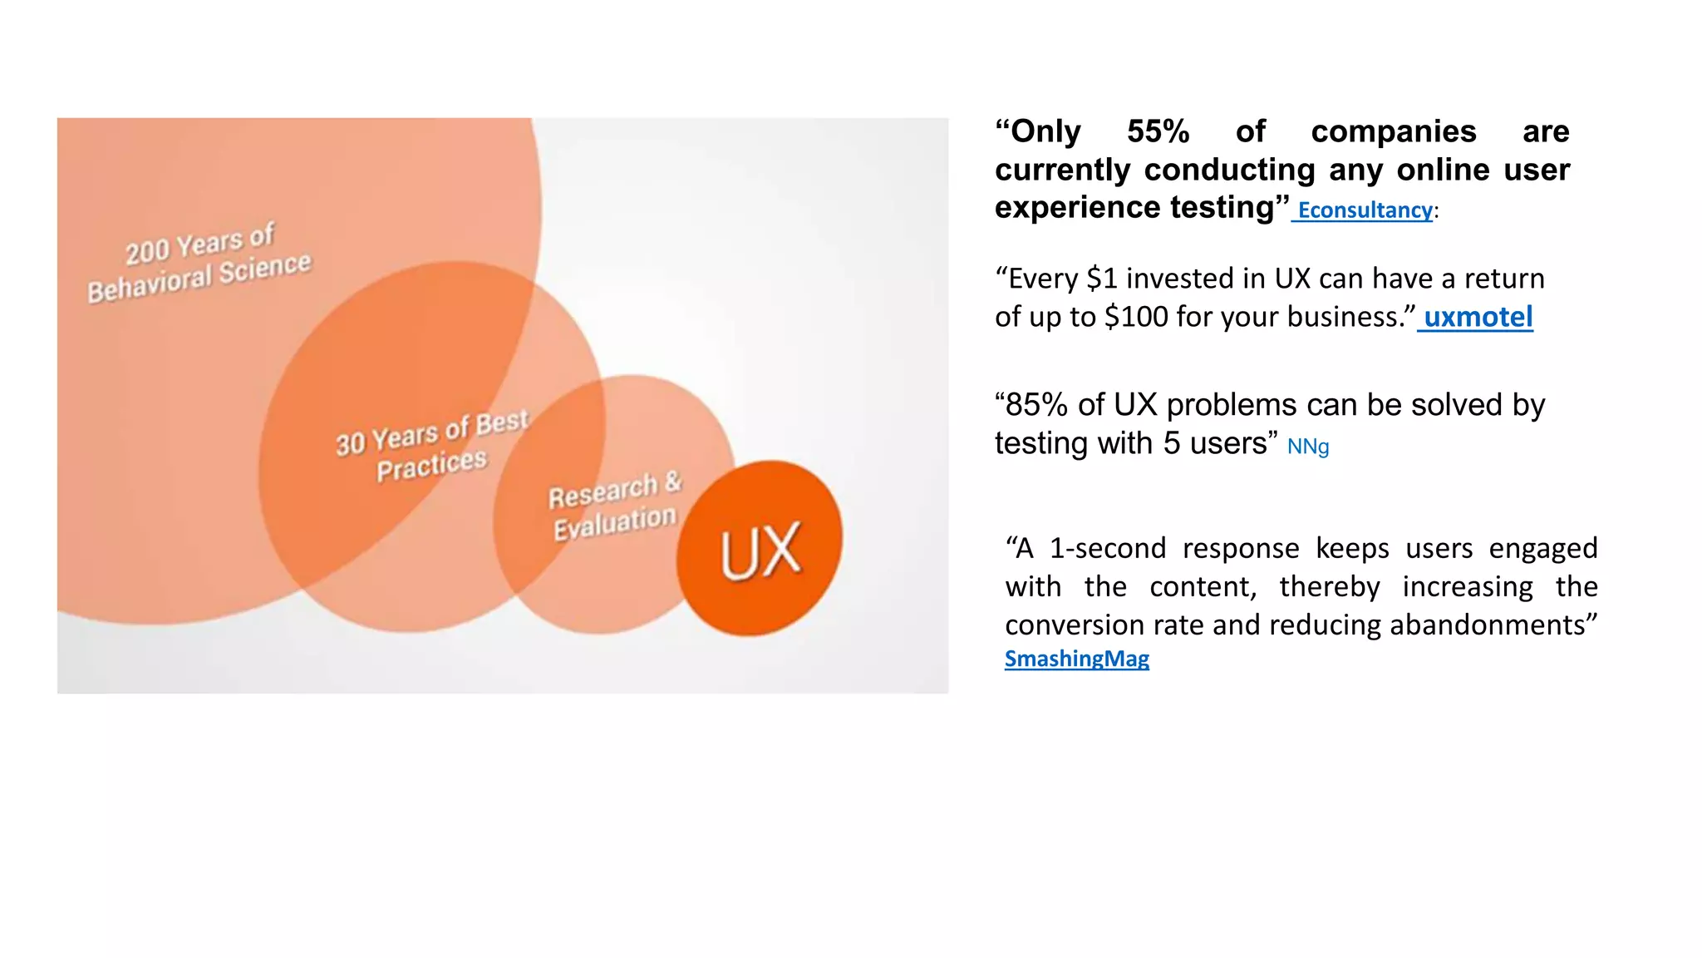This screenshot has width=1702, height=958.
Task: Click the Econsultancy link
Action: (x=1365, y=210)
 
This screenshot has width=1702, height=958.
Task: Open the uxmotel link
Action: (x=1478, y=317)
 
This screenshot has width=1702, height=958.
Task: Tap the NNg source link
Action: (x=1307, y=447)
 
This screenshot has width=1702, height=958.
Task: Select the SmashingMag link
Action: (x=1076, y=659)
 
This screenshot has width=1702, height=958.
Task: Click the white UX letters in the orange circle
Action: (x=760, y=550)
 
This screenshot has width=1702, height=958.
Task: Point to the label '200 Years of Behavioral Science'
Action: (x=199, y=262)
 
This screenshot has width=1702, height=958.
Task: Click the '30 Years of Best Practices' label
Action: (x=431, y=446)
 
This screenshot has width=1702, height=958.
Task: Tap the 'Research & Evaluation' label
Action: (x=614, y=506)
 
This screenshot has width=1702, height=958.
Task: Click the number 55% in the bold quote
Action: (x=1158, y=131)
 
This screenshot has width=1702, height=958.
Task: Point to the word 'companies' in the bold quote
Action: (x=1393, y=131)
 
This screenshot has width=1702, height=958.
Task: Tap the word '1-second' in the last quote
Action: (x=1108, y=548)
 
